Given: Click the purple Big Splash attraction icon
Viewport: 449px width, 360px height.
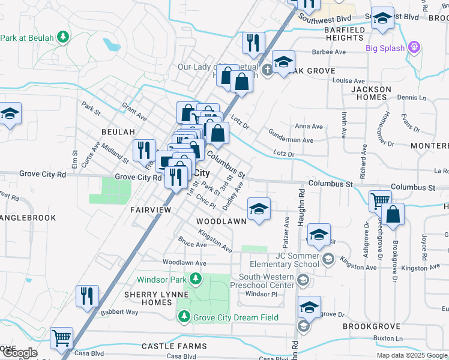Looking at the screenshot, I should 413,47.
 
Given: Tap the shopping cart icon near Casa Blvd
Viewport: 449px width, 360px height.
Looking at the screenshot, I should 61,338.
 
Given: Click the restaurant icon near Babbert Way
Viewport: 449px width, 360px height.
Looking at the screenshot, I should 87,296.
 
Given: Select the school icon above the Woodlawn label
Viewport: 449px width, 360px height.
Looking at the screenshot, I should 259,209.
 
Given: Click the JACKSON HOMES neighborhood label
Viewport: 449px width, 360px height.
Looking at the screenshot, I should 370,94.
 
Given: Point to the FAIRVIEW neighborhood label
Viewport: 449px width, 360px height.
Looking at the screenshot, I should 151,209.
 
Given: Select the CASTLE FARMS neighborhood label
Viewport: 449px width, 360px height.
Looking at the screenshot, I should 173,346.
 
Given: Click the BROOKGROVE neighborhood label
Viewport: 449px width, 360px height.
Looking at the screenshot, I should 371,326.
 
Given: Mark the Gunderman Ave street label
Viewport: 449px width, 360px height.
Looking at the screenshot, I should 291,140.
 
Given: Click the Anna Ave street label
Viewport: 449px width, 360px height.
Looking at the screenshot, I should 309,127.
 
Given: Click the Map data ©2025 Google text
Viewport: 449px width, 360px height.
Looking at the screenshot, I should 412,355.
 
